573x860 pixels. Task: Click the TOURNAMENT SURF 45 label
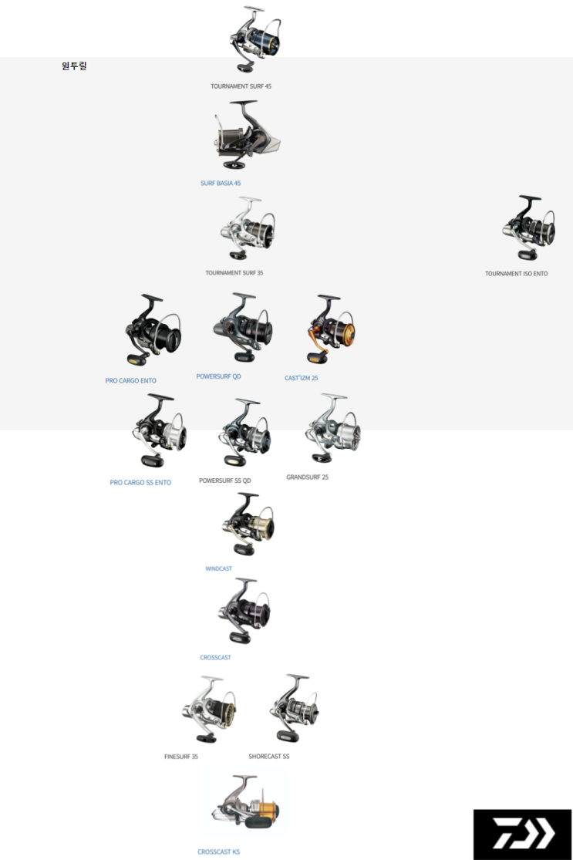[241, 86]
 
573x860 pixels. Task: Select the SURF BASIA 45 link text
[221, 184]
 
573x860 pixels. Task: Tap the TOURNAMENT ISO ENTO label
[516, 274]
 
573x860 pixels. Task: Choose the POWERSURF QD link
[218, 376]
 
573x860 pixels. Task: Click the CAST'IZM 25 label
[301, 378]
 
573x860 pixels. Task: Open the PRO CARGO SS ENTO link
[140, 483]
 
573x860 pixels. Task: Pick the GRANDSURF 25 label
[307, 477]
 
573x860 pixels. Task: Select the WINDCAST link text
[218, 569]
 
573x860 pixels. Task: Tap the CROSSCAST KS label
[218, 852]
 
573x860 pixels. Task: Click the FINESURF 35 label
[181, 757]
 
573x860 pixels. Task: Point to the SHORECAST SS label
[268, 757]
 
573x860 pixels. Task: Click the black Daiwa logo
[522, 834]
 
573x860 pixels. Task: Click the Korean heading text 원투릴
[74, 66]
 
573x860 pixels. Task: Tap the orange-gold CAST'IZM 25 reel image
[331, 329]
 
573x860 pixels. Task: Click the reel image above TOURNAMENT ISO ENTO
[528, 228]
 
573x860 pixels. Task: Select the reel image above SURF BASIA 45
[244, 136]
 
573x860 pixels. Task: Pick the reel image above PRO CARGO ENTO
[153, 330]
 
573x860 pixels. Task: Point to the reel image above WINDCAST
[247, 524]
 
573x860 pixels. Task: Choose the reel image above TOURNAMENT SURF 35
[247, 228]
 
